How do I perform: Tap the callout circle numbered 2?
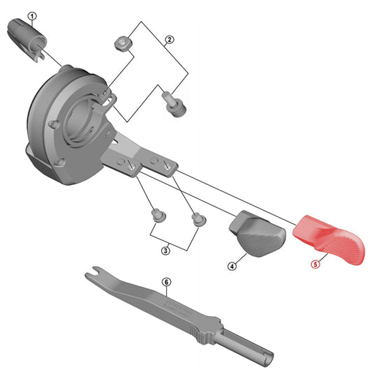[169, 40]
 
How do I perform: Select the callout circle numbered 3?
[165, 251]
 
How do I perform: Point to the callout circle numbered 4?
[232, 266]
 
